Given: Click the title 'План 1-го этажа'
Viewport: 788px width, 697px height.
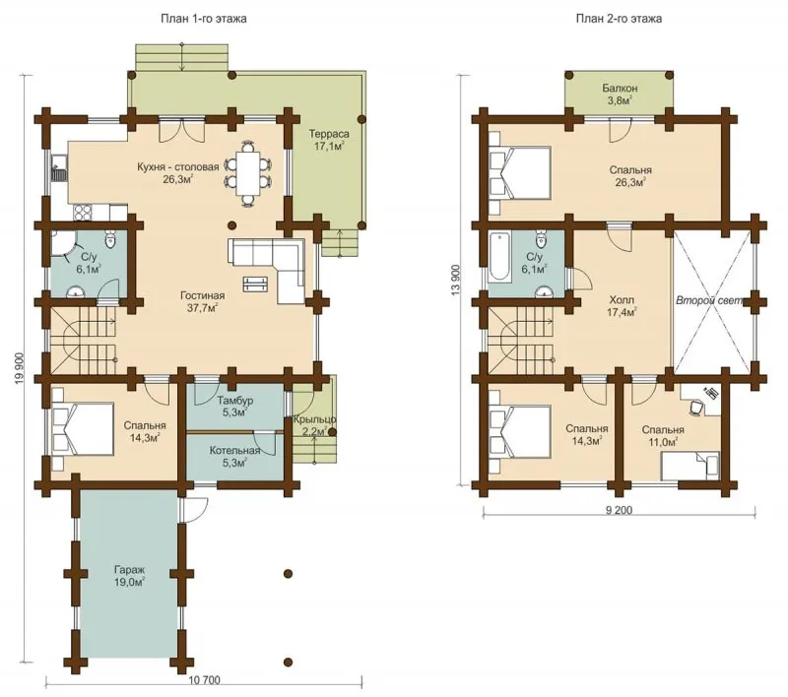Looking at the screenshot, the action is [204, 19].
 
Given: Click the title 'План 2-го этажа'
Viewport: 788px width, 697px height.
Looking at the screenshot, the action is [619, 19].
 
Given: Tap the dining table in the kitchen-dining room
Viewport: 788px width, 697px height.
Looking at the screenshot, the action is [248, 173].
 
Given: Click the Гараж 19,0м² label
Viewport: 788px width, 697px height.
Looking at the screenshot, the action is [129, 577].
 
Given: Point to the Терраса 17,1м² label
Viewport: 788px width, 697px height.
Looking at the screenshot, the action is [329, 140].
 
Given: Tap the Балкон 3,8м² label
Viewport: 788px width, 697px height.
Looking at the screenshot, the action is [620, 94].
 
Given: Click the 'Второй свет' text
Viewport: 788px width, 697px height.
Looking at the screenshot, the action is [708, 301].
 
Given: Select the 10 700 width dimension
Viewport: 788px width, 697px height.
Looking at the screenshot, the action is [205, 680].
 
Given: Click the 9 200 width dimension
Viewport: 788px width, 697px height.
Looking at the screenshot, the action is [619, 510].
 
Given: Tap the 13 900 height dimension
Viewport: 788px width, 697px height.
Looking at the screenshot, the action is [456, 280].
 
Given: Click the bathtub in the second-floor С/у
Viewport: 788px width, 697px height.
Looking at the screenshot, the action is [499, 256].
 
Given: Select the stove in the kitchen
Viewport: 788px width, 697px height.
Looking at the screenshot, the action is [83, 213].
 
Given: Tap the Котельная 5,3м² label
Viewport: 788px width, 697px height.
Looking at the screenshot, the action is [234, 456].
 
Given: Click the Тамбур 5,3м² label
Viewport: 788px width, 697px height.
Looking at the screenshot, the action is [234, 407].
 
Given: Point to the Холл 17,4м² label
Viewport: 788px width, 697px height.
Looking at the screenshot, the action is [623, 306].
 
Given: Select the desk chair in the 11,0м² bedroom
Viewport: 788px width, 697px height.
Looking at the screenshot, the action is [695, 408].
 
